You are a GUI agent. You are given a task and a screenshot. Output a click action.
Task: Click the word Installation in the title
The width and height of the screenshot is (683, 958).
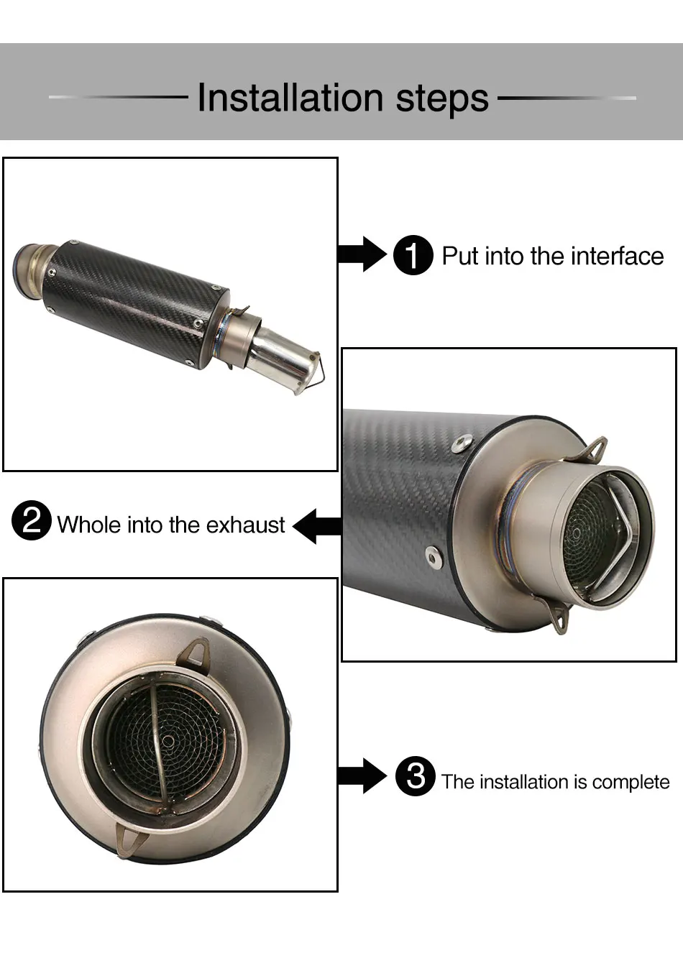coord(290,98)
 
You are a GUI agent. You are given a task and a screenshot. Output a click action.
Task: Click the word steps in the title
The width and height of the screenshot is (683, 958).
coord(442,100)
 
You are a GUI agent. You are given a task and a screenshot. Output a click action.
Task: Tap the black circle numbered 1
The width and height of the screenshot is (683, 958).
coord(413,255)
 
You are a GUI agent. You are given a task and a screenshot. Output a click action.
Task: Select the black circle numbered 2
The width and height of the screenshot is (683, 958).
coord(32,520)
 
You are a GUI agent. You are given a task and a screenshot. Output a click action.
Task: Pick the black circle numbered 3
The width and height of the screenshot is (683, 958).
coord(416,776)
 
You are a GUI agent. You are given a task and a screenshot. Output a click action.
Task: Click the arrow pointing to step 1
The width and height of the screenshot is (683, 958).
coord(362,254)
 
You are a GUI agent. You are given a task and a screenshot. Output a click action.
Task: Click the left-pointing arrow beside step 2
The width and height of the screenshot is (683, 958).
coord(317,526)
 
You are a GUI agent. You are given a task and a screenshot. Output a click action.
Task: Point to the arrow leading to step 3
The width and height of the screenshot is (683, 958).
coord(362,776)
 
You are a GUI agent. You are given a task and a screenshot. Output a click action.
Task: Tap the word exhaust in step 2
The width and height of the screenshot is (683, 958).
coord(245,525)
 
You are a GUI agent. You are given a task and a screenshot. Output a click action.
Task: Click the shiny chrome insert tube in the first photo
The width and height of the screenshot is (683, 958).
coord(283,357)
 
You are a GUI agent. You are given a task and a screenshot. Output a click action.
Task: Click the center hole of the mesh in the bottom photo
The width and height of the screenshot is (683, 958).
coord(168,742)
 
